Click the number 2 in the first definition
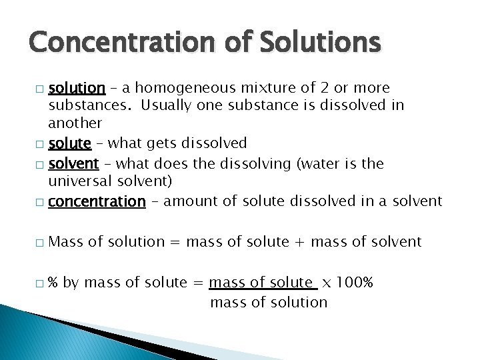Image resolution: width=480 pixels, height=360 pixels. point(323,88)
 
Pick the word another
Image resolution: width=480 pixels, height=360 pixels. point(75,123)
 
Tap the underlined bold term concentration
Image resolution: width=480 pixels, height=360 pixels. point(97,201)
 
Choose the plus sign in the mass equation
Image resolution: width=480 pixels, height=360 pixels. point(300,241)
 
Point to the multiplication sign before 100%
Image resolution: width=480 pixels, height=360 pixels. point(326,283)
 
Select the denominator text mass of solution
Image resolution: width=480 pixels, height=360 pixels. point(269,302)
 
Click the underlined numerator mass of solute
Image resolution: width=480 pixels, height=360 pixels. point(261,283)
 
